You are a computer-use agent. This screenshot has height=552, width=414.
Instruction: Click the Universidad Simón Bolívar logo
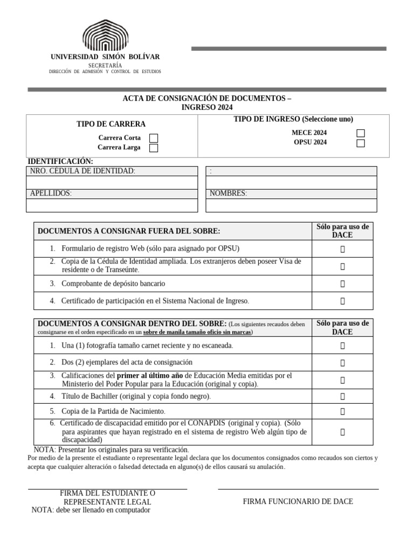click(x=105, y=36)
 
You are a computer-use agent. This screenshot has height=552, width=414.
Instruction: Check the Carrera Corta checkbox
click(x=154, y=138)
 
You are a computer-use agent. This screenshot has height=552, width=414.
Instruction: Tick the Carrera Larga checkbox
click(x=154, y=148)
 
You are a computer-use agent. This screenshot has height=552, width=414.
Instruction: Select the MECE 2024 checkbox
click(x=361, y=133)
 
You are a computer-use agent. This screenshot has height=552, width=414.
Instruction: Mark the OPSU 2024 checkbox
click(x=361, y=143)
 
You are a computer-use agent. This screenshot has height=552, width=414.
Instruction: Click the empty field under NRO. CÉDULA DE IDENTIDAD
click(x=112, y=183)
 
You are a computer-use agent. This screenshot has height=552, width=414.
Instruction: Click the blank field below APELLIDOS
click(x=112, y=205)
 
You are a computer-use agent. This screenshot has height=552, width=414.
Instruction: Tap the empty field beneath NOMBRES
click(x=291, y=205)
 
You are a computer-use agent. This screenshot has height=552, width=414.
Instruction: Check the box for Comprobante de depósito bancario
click(x=342, y=284)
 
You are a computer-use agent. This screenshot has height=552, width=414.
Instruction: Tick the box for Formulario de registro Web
click(x=342, y=249)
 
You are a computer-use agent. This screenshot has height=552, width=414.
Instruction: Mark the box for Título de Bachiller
click(x=342, y=397)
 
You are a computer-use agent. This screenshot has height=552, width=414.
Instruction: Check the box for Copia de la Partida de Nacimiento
click(x=342, y=412)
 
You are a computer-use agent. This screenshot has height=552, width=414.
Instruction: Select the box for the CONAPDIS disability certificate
click(x=342, y=432)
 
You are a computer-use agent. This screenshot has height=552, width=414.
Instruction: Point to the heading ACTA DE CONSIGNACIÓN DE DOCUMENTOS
click(x=207, y=99)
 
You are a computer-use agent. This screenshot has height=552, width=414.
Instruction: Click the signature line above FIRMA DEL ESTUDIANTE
click(x=107, y=489)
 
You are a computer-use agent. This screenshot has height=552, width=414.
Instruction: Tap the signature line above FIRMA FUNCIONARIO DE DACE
click(x=298, y=489)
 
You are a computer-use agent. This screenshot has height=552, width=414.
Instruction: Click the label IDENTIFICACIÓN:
click(x=60, y=161)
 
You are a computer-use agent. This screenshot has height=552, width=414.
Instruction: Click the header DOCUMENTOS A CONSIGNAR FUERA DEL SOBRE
click(x=129, y=231)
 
